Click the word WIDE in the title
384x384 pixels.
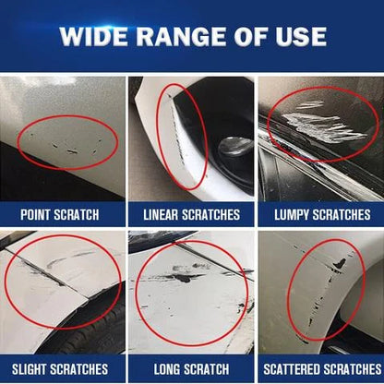tap(98, 37)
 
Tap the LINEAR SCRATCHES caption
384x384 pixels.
tap(192, 215)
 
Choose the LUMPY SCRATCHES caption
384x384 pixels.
tap(320, 215)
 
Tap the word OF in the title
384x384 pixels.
tap(253, 37)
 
